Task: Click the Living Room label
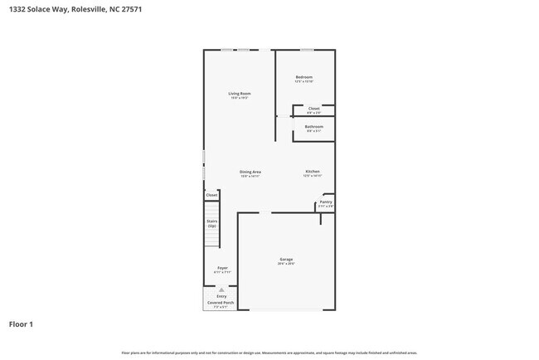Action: [240, 94]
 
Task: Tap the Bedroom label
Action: [303, 77]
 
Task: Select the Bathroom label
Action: [313, 126]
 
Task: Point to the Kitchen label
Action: [311, 172]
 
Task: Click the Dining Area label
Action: [250, 172]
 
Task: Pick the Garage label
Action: [285, 260]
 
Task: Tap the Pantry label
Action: [326, 202]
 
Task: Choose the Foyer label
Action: [222, 268]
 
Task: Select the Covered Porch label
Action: [221, 303]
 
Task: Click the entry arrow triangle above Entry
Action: [221, 289]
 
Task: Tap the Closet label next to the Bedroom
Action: [313, 109]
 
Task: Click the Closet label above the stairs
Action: [211, 195]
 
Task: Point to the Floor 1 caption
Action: [22, 324]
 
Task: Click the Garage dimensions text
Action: [285, 264]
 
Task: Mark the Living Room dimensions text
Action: [240, 98]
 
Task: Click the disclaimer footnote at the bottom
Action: [269, 353]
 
